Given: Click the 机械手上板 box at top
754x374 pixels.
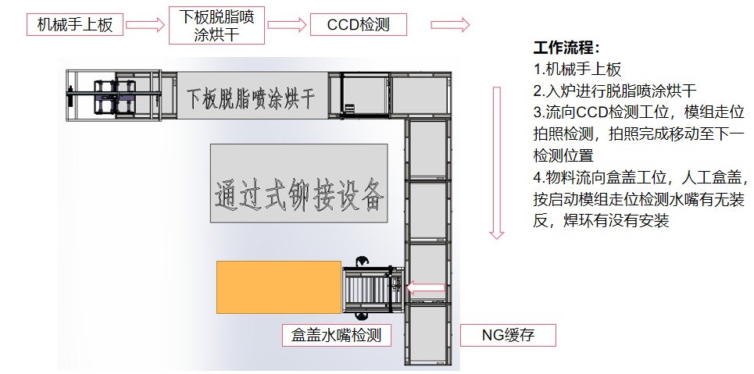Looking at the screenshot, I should pyautogui.click(x=75, y=25).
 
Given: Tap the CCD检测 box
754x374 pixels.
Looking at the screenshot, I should pyautogui.click(x=358, y=25).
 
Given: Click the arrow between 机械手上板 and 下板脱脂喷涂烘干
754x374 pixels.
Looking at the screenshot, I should pyautogui.click(x=145, y=25).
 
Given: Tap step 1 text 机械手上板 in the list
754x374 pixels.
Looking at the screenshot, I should pyautogui.click(x=577, y=69).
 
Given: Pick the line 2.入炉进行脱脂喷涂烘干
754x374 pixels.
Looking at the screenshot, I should pyautogui.click(x=615, y=90).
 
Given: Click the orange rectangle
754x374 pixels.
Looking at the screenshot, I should pyautogui.click(x=279, y=287).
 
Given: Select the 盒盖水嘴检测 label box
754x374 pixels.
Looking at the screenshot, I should pyautogui.click(x=337, y=336).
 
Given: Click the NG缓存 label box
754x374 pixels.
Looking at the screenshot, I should pyautogui.click(x=508, y=336).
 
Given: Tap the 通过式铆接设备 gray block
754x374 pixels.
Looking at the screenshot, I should pyautogui.click(x=298, y=183).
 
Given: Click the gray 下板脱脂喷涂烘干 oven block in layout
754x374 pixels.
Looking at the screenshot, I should pyautogui.click(x=252, y=97).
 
